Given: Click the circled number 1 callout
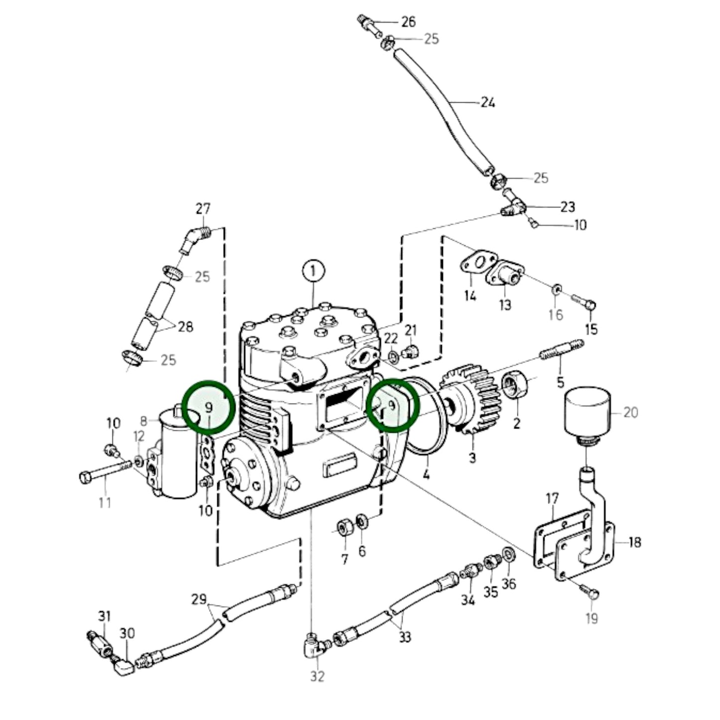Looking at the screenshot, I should pos(313,272).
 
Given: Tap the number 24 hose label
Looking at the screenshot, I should pos(488,103).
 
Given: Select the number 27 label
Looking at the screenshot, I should pos(203,209).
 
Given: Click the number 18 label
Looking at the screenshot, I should pos(634,542).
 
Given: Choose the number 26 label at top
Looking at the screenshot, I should pos(408,21).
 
